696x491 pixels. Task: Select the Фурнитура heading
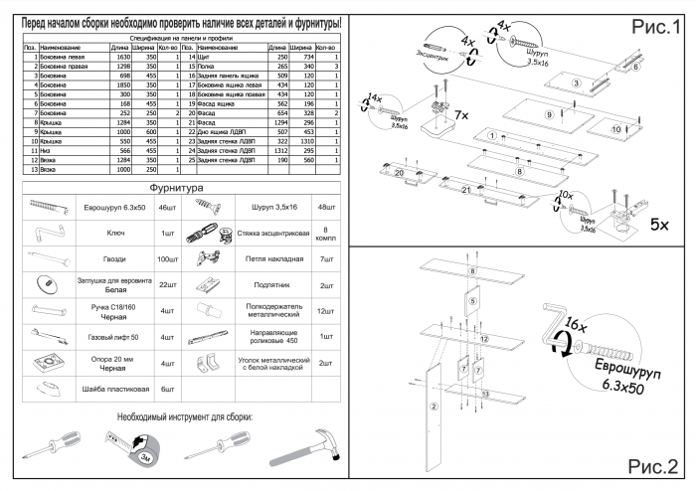click(175, 186)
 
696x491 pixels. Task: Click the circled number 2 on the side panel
click(434, 407)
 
